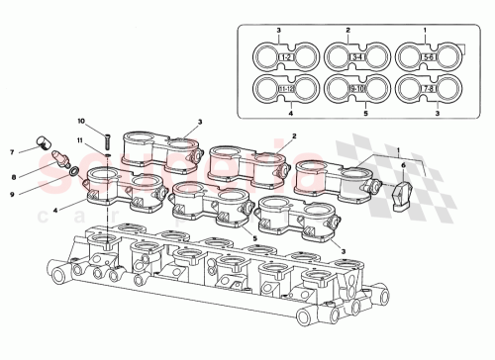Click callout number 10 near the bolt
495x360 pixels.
(x=82, y=121)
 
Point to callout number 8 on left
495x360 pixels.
(x=12, y=176)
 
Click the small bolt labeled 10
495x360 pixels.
(x=103, y=135)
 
